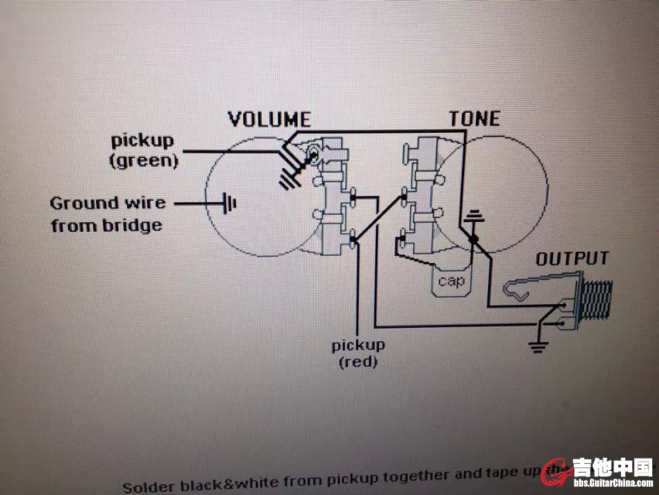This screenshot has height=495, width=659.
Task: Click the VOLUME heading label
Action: (269, 119)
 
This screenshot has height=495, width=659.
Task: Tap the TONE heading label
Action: (474, 118)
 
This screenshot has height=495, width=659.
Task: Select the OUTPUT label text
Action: (572, 259)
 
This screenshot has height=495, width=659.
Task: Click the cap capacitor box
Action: (451, 280)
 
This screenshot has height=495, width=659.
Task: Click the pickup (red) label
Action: (358, 353)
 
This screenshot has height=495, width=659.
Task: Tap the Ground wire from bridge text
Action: (108, 214)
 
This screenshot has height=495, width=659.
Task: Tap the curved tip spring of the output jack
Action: (515, 290)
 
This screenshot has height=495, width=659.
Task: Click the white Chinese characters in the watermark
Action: (612, 467)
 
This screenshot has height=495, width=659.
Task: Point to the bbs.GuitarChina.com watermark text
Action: (612, 483)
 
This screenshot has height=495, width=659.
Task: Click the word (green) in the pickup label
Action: (143, 161)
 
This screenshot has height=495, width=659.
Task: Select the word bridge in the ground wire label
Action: (136, 226)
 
